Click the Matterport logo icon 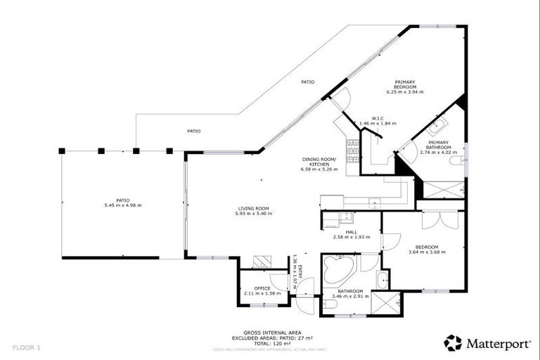(453, 344)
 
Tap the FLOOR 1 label (26, 347)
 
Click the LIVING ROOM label (253, 208)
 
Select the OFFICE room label (262, 288)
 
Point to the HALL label (351, 232)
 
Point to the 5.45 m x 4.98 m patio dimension (122, 205)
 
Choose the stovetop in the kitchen (352, 148)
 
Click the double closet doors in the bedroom (430, 219)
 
